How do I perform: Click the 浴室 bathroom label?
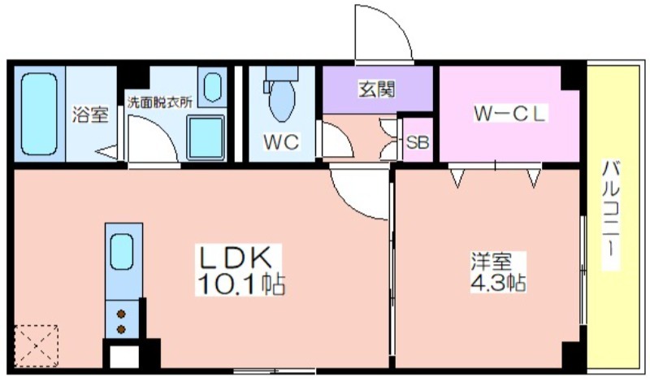click(x=89, y=115)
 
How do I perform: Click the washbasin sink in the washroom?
click(x=213, y=86)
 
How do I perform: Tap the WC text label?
click(x=281, y=142)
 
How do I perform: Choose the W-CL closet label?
click(x=510, y=115)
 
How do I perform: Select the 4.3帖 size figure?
click(x=498, y=284)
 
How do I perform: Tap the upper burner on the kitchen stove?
click(x=123, y=313)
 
